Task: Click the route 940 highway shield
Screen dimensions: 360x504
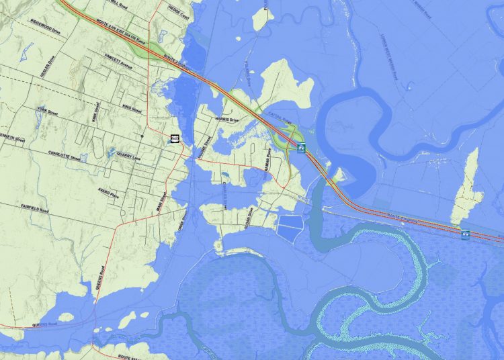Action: coord(175,138)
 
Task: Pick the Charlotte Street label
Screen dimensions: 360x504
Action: coord(67,156)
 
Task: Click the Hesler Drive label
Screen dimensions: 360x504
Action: coord(44,66)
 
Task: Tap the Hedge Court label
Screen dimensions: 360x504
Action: coord(178,11)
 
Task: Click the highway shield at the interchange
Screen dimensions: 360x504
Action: coord(301,147)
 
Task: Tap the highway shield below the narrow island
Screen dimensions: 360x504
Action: coord(465,233)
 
